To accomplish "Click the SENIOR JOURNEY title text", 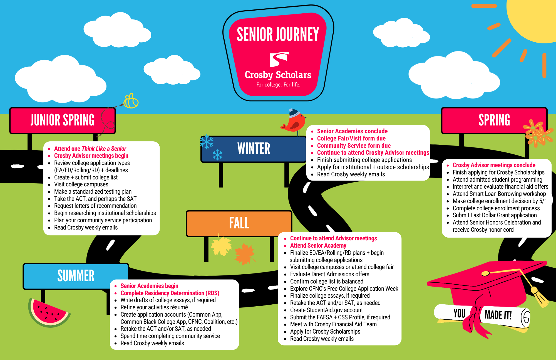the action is [278, 34].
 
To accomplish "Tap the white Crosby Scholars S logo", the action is [279, 59].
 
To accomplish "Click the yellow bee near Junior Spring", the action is [130, 101].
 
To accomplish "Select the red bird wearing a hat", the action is [294, 121].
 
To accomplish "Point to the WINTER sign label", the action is [254, 149].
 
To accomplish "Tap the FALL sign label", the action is [239, 223].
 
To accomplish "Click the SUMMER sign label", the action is [76, 276].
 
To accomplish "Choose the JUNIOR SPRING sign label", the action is [63, 120].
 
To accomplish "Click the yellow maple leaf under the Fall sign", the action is [221, 246].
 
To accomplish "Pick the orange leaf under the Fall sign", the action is [245, 254].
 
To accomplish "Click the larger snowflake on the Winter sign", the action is [207, 142].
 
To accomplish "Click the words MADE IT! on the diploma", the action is [498, 315].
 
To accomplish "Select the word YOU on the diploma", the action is [460, 313].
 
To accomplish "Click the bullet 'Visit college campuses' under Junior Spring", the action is [81, 184].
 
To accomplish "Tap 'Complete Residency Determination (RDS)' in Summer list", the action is [170, 293].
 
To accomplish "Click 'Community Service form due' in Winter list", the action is [354, 146].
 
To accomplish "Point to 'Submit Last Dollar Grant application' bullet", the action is [495, 215].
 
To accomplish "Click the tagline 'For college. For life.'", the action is [278, 85].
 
